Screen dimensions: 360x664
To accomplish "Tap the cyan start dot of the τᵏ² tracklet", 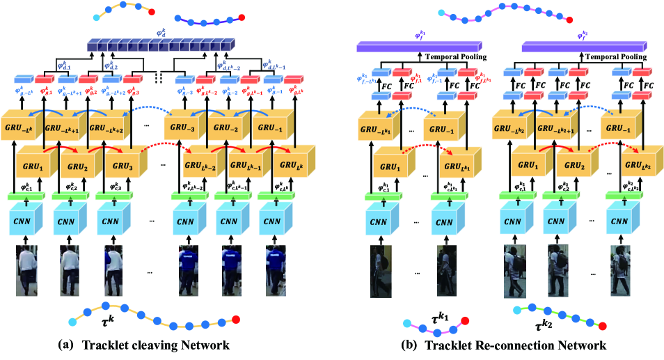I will (516, 310).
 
